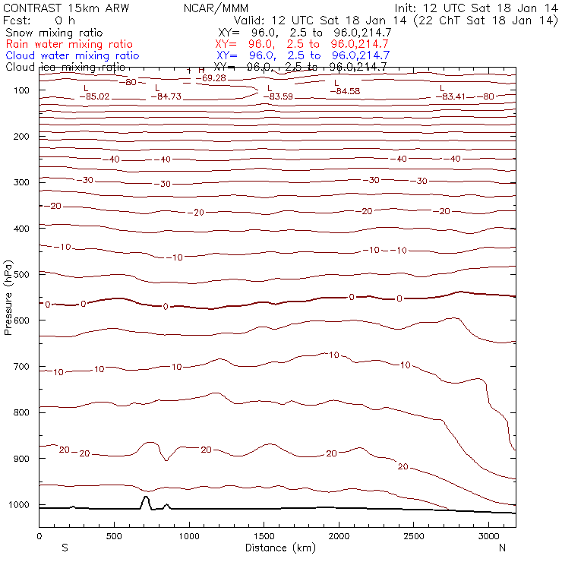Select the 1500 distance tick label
click(x=264, y=536)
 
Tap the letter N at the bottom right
click(x=502, y=548)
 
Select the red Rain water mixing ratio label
click(x=68, y=45)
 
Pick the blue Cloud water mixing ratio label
click(x=72, y=55)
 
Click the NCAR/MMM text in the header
click(x=216, y=8)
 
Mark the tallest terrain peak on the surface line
click(x=146, y=497)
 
